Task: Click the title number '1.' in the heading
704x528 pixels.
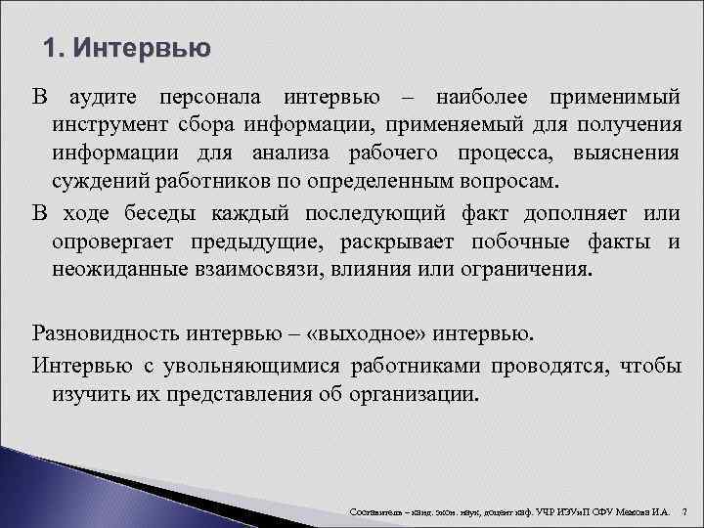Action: (x=56, y=48)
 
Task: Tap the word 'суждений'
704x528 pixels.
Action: (x=91, y=183)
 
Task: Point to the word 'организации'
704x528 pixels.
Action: (x=421, y=394)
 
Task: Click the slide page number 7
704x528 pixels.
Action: (x=684, y=511)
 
